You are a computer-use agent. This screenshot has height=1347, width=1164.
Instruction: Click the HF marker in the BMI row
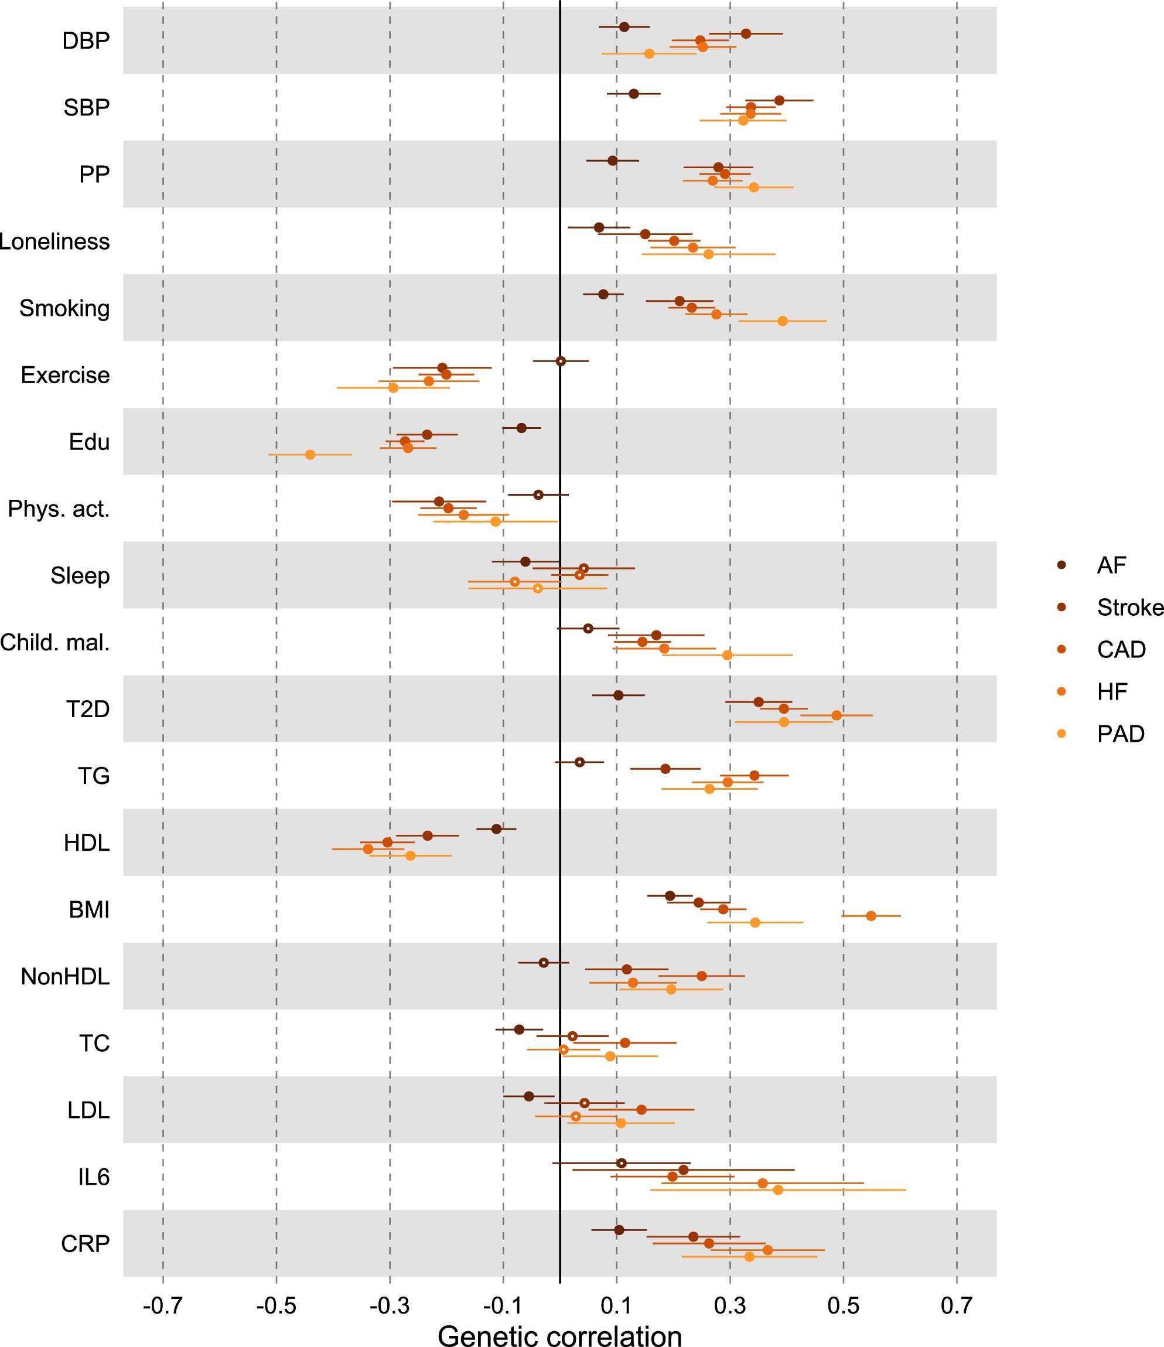point(871,916)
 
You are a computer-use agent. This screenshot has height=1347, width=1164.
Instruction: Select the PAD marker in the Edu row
point(310,455)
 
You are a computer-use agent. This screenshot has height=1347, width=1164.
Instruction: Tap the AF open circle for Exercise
point(560,361)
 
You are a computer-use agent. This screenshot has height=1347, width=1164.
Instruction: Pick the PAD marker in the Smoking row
point(783,321)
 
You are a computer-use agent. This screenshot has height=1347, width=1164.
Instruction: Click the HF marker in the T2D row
point(837,715)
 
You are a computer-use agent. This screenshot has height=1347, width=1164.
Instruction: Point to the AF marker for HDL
point(497,829)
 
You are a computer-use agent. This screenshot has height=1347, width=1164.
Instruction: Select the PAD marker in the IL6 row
point(778,1189)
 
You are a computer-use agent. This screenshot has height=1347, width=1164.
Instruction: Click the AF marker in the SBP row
point(634,94)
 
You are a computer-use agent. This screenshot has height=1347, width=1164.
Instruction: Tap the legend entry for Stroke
point(1129,607)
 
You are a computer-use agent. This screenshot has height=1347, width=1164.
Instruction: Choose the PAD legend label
point(1121,734)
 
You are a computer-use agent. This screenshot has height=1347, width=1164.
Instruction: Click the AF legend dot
point(1062,565)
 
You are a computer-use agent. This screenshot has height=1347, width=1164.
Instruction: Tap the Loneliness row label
point(54,241)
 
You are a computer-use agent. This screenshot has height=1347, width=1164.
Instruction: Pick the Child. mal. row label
point(55,642)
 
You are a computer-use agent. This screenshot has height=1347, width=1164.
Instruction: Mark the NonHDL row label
point(65,977)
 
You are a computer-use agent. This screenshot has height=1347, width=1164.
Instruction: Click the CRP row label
point(85,1244)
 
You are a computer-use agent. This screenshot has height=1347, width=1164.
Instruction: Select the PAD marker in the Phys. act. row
point(495,521)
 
